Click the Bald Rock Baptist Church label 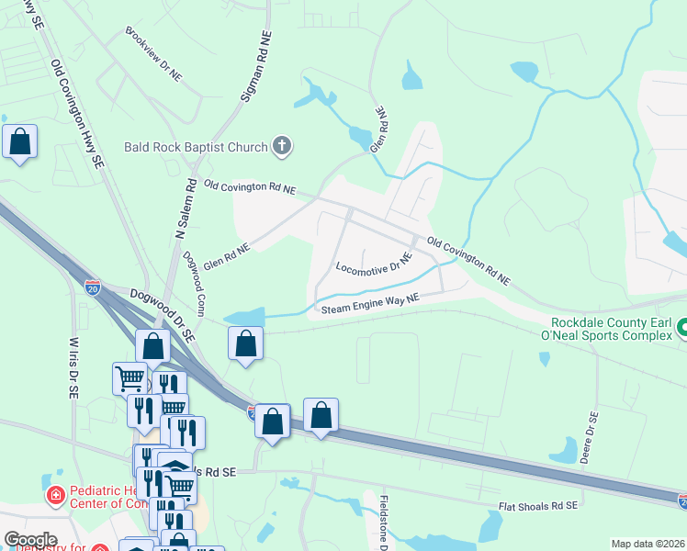[x=196, y=147]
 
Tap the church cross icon [x=283, y=145]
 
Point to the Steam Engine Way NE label [x=370, y=303]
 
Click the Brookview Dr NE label [x=154, y=54]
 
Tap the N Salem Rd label [x=184, y=208]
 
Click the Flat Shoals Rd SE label [x=538, y=506]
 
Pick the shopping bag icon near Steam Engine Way [x=245, y=344]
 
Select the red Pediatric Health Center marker [x=55, y=496]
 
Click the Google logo [x=30, y=540]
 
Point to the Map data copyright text [x=648, y=544]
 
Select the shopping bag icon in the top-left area [x=19, y=142]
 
